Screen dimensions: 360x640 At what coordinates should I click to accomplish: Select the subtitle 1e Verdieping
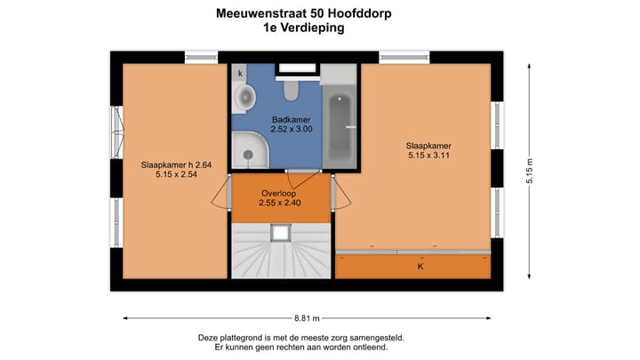[x=304, y=28]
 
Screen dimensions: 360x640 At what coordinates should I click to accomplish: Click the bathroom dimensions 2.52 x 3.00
[x=291, y=129]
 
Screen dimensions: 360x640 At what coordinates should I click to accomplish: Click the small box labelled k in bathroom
[x=240, y=73]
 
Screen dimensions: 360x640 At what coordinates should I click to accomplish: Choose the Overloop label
[x=278, y=192]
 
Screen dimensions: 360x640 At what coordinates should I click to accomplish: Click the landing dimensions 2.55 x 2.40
[x=280, y=203]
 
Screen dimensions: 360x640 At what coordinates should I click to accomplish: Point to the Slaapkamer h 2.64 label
[x=176, y=164]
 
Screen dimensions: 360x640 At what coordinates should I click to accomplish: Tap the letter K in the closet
[x=420, y=266]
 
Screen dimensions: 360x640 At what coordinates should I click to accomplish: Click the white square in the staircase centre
[x=281, y=233]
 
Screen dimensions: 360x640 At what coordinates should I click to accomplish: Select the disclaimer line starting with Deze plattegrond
[x=301, y=337]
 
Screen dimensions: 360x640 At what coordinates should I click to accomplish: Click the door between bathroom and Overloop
[x=304, y=171]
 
